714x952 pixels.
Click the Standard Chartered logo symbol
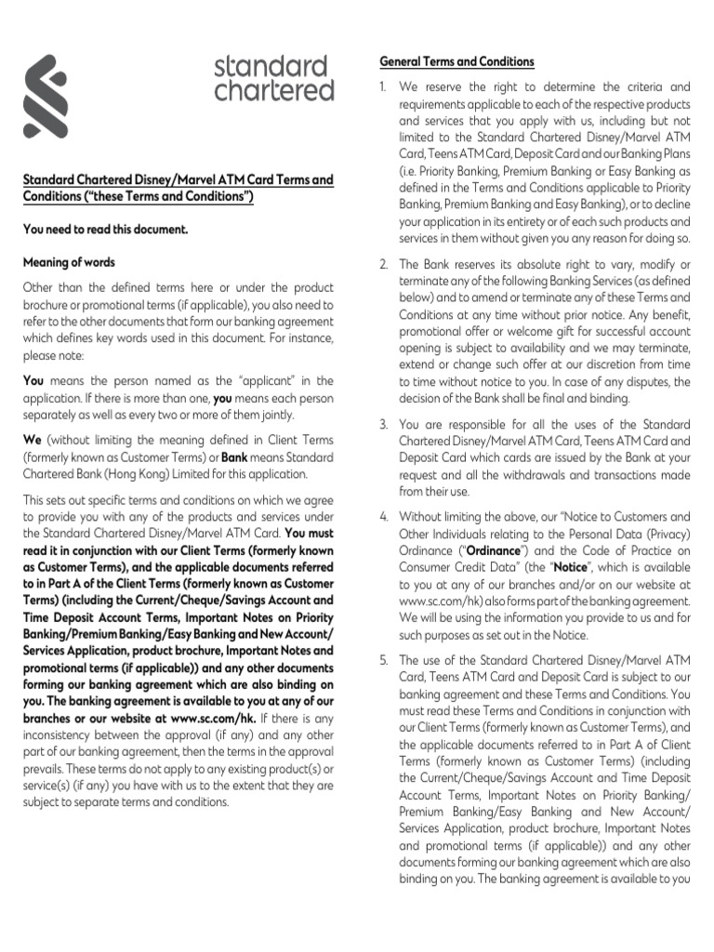tap(46, 97)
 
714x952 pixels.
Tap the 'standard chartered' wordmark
tap(273, 78)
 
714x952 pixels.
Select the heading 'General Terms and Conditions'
tap(456, 61)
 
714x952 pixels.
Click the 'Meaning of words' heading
tap(69, 262)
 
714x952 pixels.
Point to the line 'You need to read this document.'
tap(105, 229)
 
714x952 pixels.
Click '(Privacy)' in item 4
tap(664, 534)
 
